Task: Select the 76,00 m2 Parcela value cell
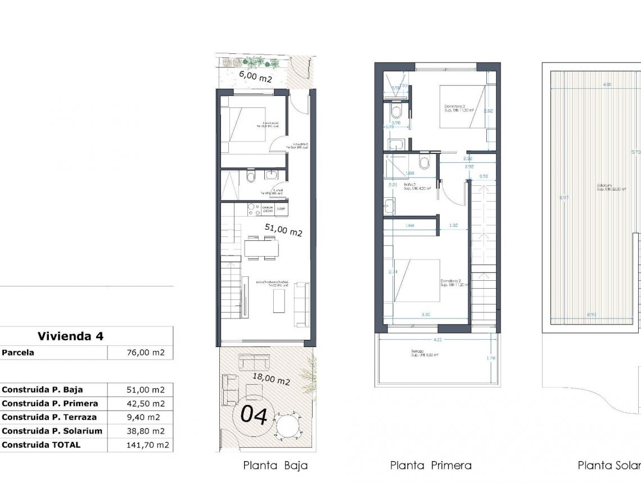[146, 353]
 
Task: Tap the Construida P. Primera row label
[50, 403]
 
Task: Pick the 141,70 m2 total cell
[146, 444]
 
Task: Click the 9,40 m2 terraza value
[146, 417]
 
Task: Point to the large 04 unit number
[254, 414]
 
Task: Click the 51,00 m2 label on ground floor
[283, 230]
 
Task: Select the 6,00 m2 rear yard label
[255, 76]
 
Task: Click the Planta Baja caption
[275, 465]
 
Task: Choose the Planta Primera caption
[431, 465]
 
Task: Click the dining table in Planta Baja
[261, 247]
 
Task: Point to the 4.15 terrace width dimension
[436, 339]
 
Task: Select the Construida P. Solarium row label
[52, 431]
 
